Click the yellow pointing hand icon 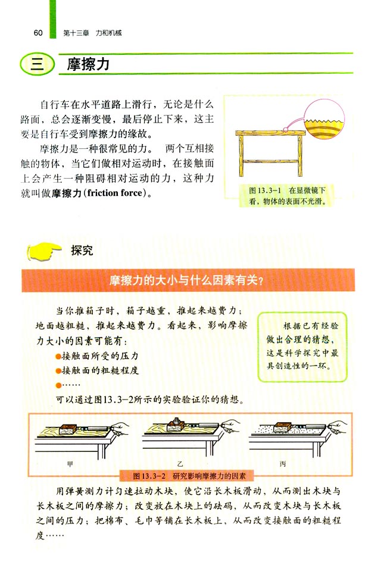coord(46,251)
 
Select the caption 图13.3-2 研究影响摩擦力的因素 coord(194,476)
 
